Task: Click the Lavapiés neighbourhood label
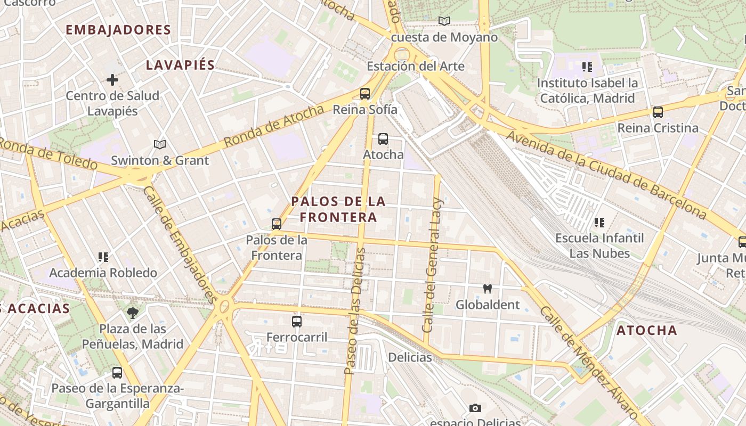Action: pyautogui.click(x=180, y=65)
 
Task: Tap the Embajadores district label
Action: pyautogui.click(x=118, y=30)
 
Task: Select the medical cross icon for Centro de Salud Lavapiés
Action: pyautogui.click(x=112, y=80)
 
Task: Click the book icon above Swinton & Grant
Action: pyautogui.click(x=159, y=144)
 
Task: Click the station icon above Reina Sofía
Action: pyautogui.click(x=365, y=94)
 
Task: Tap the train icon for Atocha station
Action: pyautogui.click(x=383, y=139)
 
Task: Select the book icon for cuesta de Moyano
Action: pyautogui.click(x=444, y=21)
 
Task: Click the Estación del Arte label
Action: pyautogui.click(x=416, y=67)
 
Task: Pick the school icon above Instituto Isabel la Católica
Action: pyautogui.click(x=587, y=67)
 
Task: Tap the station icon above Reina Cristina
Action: pyautogui.click(x=658, y=112)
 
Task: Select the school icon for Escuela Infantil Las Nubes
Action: pyautogui.click(x=599, y=222)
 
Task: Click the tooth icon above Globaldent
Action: pyautogui.click(x=487, y=289)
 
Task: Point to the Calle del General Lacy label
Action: pyautogui.click(x=433, y=265)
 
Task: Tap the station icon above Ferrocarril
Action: pyautogui.click(x=297, y=322)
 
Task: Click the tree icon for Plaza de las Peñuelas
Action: pyautogui.click(x=133, y=313)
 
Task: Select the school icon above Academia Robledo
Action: pyautogui.click(x=103, y=257)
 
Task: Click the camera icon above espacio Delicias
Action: pyautogui.click(x=475, y=408)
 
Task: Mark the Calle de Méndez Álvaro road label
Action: pyautogui.click(x=588, y=362)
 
